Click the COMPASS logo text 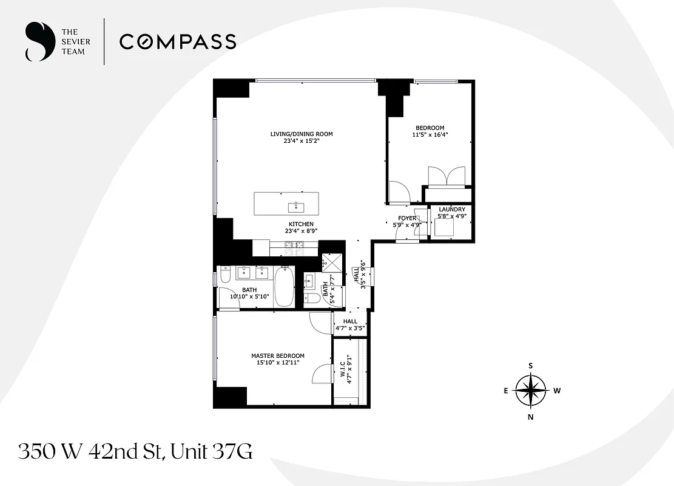pos(177,42)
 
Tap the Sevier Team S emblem pos(38,42)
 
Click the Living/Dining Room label pos(302,134)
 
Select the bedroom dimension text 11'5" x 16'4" pos(430,135)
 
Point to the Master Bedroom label pos(278,356)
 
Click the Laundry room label pos(452,210)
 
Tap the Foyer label pos(407,218)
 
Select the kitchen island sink pos(298,206)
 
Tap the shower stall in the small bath pos(331,263)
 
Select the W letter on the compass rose pos(556,391)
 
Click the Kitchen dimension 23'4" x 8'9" pos(302,231)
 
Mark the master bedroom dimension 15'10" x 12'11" pos(278,363)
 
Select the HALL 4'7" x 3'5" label pos(350,325)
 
